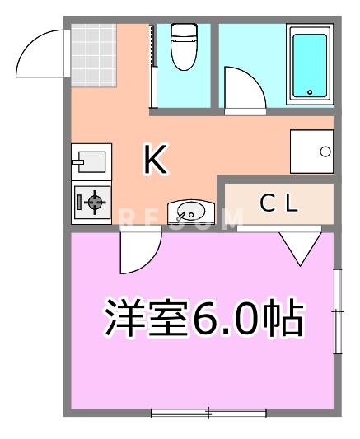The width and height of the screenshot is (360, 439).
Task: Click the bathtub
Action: pos(311,64)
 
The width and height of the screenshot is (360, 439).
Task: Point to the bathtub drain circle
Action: pos(311,92)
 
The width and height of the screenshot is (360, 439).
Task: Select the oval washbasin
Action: pos(189,212)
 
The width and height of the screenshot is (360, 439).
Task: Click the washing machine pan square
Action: pos(311,151)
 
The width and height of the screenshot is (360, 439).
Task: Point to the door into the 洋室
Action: pos(138,251)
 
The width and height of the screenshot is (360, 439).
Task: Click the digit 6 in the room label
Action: pos(205,318)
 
